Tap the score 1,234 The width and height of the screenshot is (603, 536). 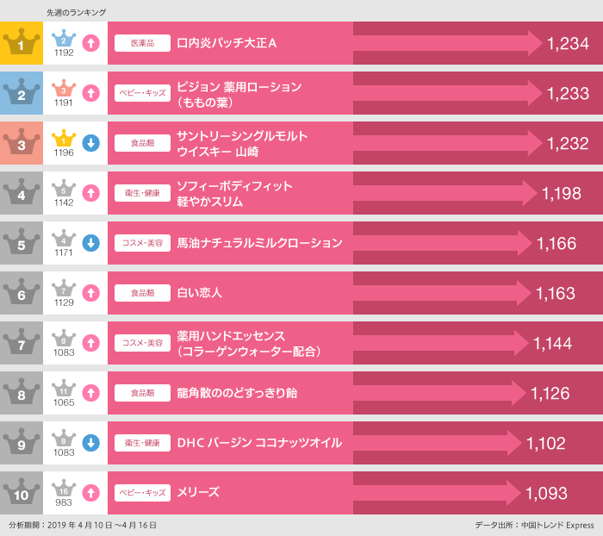568,43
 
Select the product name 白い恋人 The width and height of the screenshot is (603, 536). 199,293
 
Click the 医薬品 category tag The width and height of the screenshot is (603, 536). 142,43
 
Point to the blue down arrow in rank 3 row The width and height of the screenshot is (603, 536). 91,143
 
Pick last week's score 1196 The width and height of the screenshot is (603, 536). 64,153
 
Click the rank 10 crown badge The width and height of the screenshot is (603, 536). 22,491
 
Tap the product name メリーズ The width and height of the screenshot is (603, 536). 198,492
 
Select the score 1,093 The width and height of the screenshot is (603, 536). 546,493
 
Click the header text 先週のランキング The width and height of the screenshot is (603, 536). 76,13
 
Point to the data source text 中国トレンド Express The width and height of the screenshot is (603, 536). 557,525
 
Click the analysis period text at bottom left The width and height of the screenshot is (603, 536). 83,525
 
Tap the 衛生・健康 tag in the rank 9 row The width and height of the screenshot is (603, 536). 142,443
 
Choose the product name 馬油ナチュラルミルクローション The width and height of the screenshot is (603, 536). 259,243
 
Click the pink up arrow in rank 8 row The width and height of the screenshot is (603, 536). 91,393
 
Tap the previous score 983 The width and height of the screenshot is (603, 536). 64,502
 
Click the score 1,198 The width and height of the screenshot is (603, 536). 562,194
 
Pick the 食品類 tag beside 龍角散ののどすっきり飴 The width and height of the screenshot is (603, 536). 142,393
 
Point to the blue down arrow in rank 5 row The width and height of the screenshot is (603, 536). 91,243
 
